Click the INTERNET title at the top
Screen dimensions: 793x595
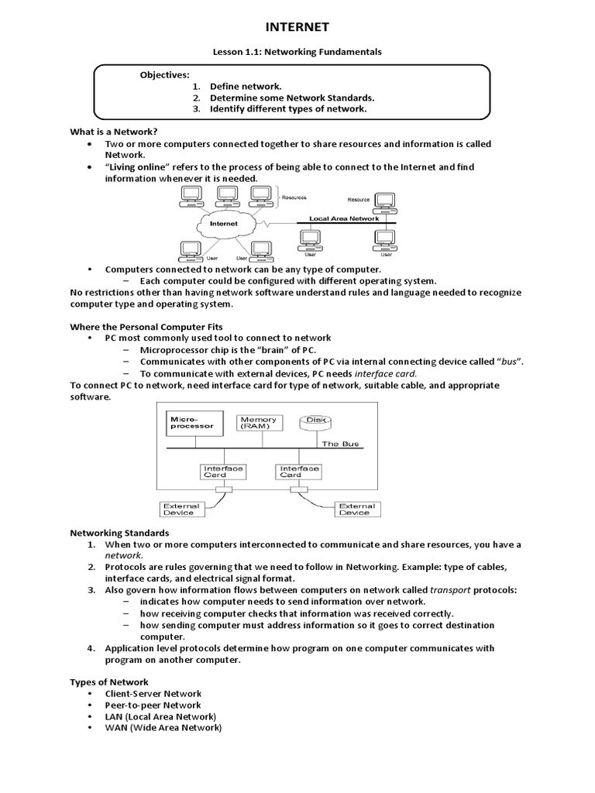(x=297, y=27)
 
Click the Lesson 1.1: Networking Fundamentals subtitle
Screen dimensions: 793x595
(x=297, y=51)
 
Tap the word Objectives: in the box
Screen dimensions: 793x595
(x=164, y=75)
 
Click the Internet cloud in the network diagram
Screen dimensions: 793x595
(x=224, y=223)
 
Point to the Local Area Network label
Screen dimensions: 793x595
(x=344, y=218)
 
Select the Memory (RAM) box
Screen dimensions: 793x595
(x=258, y=423)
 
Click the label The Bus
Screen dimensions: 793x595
(x=340, y=444)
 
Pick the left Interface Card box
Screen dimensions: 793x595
(x=223, y=471)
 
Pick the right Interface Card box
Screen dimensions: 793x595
(x=300, y=471)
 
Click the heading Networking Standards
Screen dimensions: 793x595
(x=119, y=533)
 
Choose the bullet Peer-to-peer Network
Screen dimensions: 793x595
(x=153, y=705)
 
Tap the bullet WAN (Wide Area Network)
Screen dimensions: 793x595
(x=163, y=728)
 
